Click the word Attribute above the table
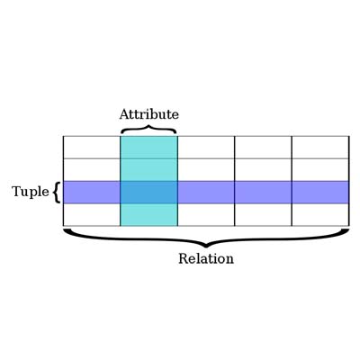149,114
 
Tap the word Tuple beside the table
31,192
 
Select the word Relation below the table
206,258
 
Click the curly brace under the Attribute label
148,130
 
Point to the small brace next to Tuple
56,193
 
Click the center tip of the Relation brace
206,247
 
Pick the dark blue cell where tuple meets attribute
148,193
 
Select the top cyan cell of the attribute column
148,148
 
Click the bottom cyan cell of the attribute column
148,214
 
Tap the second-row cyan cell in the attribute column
148,170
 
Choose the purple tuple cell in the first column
92,193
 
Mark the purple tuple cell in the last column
320,193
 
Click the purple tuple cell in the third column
206,193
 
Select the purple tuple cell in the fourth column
263,193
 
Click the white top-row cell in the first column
92,148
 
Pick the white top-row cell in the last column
320,148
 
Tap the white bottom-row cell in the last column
320,214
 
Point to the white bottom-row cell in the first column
92,214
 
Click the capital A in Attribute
125,114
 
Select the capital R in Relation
184,258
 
